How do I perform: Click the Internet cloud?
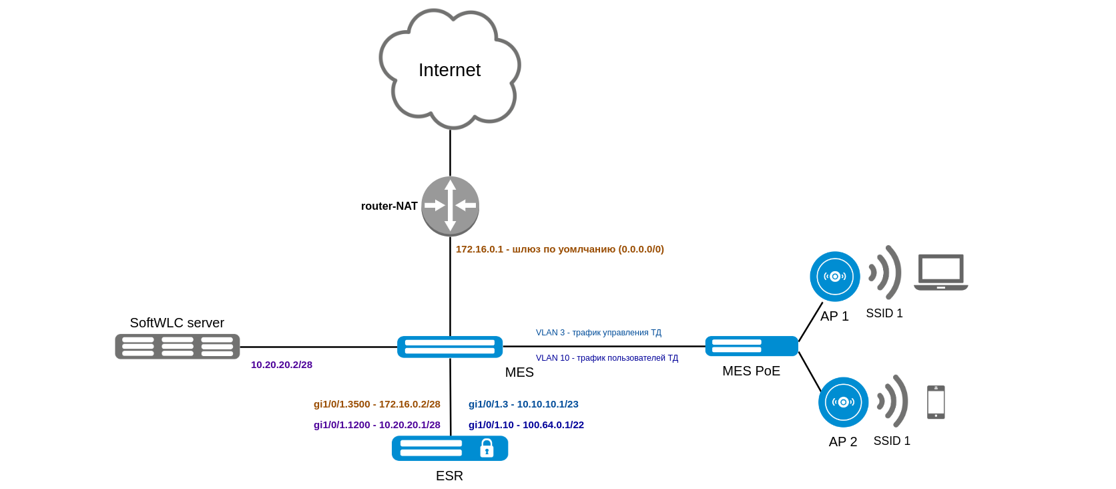[449, 69]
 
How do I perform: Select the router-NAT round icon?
[451, 206]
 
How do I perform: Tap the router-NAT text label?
[389, 206]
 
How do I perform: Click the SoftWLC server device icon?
[178, 347]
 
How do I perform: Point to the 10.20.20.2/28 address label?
[282, 365]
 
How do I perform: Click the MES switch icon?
[450, 347]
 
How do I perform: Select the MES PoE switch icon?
[752, 346]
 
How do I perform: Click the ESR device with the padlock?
[450, 448]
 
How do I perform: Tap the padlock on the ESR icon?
[487, 448]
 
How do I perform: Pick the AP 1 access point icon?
[835, 277]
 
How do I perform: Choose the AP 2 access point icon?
[844, 402]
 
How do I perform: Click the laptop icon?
[941, 272]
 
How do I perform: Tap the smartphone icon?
[936, 402]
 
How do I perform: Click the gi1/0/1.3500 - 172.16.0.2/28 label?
[377, 404]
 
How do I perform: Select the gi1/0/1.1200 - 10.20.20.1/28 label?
[377, 425]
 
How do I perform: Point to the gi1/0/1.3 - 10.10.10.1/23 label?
[523, 404]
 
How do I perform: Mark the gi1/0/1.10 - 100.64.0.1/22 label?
[526, 425]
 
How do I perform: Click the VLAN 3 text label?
[599, 333]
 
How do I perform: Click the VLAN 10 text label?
[607, 358]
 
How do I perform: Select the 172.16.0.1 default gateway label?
[559, 249]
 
